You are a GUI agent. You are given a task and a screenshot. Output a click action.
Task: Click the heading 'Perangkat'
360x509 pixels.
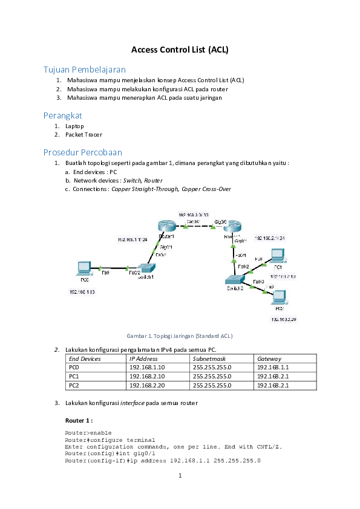pos(62,115)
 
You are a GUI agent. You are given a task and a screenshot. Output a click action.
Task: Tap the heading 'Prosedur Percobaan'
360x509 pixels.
pos(82,152)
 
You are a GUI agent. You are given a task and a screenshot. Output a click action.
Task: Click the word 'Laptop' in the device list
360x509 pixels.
pos(75,126)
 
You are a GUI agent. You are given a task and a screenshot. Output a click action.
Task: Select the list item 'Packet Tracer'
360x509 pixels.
pos(84,135)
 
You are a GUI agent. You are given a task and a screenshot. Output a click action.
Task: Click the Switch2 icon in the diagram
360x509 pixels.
pos(233,279)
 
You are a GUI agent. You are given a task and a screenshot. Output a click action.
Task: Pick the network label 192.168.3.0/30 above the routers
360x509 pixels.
pos(193,215)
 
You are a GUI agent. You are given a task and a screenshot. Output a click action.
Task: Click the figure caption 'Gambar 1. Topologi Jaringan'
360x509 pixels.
pos(179,336)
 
